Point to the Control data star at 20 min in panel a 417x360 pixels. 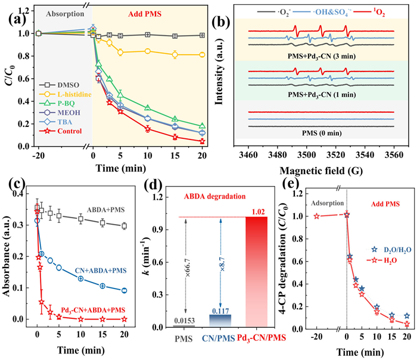pos(202,141)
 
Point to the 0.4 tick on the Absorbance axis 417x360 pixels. pos(26,194)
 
